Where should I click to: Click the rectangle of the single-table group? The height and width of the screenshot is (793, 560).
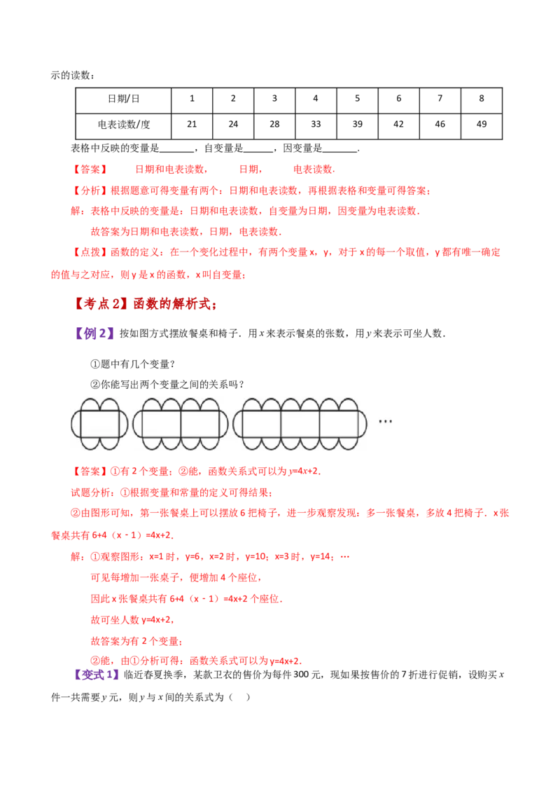click(99, 424)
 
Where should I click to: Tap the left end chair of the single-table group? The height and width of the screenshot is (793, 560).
click(75, 424)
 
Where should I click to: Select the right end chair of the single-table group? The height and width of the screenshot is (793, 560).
click(123, 424)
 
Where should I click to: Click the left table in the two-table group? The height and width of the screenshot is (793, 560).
click(162, 424)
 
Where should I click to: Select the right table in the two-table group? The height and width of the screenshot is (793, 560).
click(200, 424)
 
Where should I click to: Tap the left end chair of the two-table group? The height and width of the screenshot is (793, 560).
click(137, 424)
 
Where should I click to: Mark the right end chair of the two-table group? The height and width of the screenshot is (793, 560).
click(224, 424)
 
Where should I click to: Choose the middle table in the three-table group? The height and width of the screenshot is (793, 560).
click(300, 424)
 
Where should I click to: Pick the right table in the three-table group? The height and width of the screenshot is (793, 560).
click(339, 424)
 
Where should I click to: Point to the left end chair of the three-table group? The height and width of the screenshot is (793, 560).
click(238, 424)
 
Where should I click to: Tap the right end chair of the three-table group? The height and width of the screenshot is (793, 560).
click(363, 424)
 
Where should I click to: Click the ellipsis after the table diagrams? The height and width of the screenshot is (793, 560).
click(384, 422)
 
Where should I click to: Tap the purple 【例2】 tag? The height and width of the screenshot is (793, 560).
click(94, 334)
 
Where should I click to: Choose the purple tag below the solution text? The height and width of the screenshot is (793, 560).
click(97, 675)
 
